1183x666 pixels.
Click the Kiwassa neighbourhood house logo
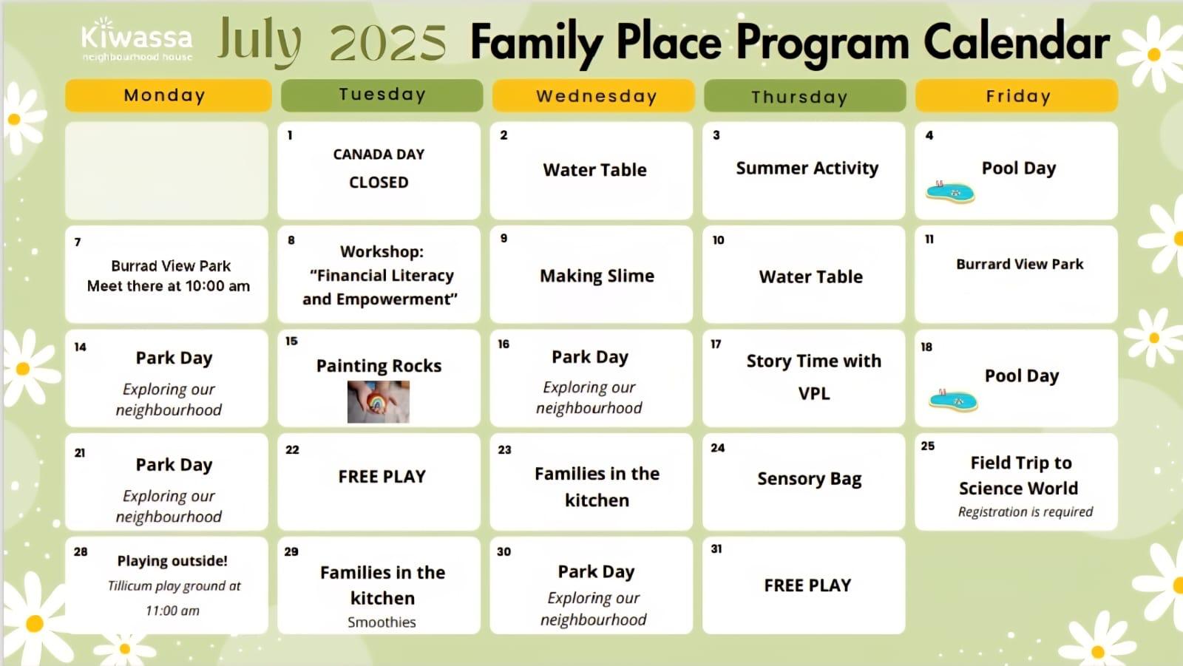coord(137,40)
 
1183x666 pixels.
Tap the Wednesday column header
coord(593,95)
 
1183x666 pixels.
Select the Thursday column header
coord(805,95)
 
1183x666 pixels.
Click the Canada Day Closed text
coord(379,168)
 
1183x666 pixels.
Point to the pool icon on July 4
coord(950,191)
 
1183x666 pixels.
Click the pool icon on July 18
coord(953,400)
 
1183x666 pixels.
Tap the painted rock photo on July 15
coord(378,401)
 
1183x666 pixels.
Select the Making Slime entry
coord(597,276)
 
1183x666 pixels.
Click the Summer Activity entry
coord(807,168)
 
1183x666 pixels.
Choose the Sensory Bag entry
coord(809,478)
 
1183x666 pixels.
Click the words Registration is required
coord(1025,512)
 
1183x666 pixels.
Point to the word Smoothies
coord(382,622)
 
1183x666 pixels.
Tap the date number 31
coord(716,548)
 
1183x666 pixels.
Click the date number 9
coord(504,238)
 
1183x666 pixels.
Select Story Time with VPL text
coord(814,377)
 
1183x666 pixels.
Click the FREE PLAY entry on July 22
coord(382,476)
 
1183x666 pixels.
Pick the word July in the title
coord(259,42)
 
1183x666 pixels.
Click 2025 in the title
coord(388,44)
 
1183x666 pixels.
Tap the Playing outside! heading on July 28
coord(172,560)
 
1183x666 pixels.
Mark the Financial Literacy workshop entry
coord(380,275)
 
